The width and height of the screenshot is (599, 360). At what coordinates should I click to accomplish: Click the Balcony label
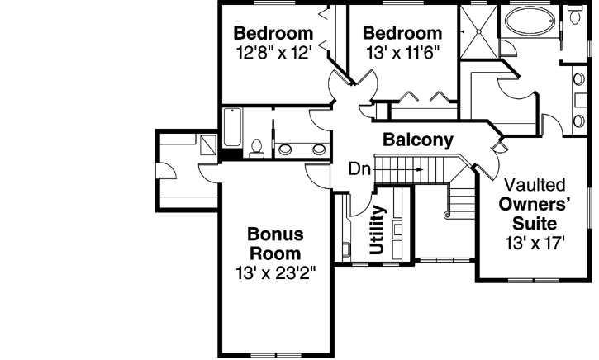click(x=418, y=140)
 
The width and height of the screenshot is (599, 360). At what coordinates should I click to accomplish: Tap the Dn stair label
click(x=359, y=170)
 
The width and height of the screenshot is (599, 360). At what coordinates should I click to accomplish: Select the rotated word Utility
click(x=378, y=230)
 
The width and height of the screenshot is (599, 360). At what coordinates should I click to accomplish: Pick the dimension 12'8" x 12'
click(x=273, y=52)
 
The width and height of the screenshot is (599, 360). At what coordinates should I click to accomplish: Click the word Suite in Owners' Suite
click(x=534, y=224)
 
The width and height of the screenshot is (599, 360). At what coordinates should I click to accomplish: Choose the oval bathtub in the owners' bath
click(x=532, y=20)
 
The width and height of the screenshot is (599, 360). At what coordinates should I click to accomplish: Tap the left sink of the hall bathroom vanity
click(x=285, y=149)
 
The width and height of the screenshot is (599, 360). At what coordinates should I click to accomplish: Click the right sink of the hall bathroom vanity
click(x=318, y=149)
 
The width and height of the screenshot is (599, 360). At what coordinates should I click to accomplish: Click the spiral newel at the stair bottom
click(x=446, y=215)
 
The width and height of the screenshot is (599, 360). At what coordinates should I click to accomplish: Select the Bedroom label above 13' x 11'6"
click(x=402, y=34)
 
